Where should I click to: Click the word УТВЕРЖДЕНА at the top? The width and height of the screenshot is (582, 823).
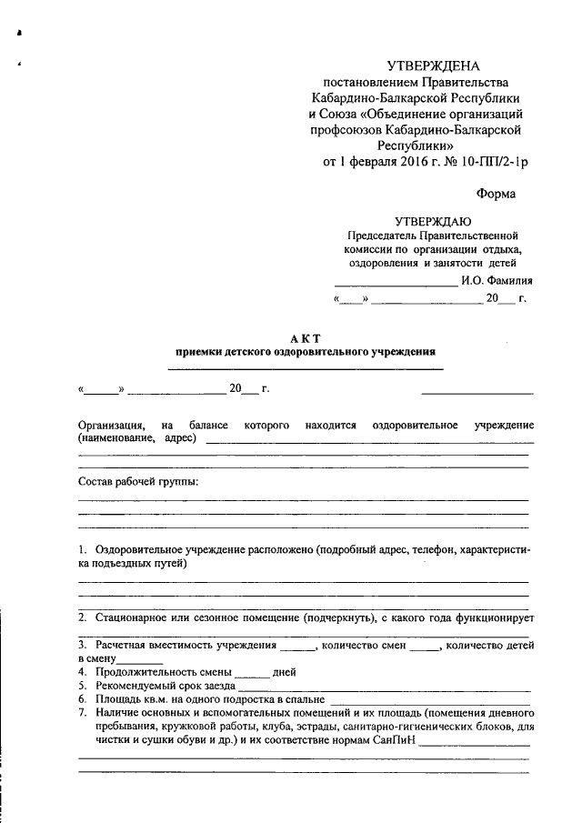coord(433,66)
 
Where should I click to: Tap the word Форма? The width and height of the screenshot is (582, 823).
coord(496,193)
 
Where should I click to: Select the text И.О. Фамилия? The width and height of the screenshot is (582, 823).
coord(497,280)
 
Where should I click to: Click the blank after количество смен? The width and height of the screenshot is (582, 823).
coord(425,647)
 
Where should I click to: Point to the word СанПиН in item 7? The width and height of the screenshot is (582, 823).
coord(395,740)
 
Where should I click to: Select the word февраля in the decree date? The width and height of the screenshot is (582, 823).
coord(372,162)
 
